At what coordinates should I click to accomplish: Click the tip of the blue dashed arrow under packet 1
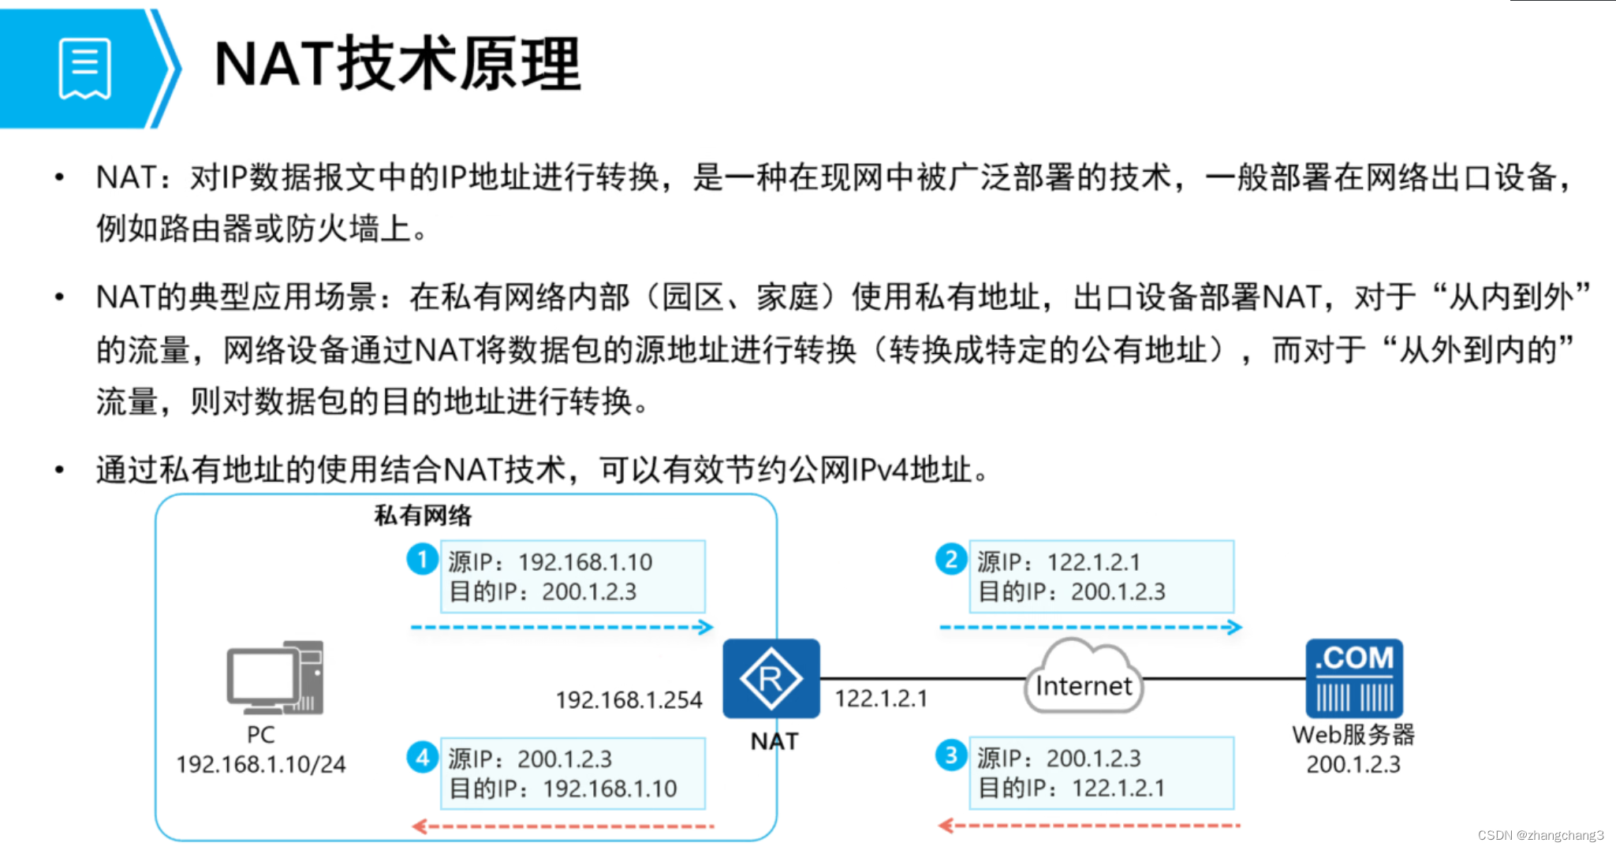713,628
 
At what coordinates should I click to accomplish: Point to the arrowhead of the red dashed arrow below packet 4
413,826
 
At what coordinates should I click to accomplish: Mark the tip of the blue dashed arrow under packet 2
1241,628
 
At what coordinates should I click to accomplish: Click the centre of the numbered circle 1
423,559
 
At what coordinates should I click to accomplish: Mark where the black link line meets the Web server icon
1306,678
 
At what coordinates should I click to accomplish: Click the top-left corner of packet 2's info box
969,541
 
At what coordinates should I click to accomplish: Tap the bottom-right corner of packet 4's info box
705,809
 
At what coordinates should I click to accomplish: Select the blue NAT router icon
771,678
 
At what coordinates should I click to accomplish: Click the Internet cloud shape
1084,677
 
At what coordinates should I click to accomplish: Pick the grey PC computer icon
275,677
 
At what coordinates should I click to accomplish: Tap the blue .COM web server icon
1354,678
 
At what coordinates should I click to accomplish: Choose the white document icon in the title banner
85,69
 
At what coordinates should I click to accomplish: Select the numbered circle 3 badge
951,755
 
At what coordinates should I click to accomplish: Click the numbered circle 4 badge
423,757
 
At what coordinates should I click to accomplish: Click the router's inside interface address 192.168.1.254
629,700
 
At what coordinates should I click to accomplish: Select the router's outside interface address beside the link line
881,699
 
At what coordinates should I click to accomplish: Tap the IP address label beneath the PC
261,764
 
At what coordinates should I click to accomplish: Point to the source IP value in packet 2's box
1094,562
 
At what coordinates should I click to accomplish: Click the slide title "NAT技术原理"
398,64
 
